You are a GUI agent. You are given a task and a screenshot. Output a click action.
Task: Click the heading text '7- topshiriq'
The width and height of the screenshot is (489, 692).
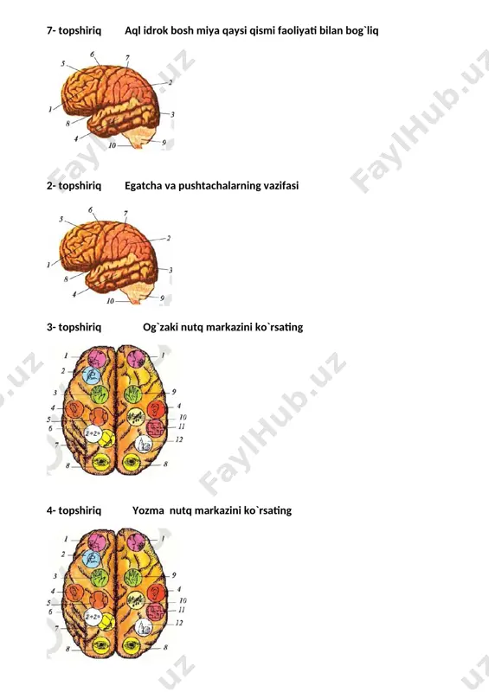[74, 31]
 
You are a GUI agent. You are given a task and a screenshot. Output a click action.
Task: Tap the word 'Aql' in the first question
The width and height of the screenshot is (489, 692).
[132, 31]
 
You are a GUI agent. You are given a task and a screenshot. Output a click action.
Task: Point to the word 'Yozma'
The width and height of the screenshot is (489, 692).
[148, 510]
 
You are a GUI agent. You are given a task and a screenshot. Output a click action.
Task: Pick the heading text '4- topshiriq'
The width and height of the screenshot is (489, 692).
[74, 510]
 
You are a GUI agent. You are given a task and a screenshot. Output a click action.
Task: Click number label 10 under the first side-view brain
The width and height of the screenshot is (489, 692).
[113, 145]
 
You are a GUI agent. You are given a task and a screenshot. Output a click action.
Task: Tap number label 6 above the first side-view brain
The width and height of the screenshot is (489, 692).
[93, 54]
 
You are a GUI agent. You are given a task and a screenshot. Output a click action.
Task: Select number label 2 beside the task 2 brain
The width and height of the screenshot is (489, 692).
[168, 239]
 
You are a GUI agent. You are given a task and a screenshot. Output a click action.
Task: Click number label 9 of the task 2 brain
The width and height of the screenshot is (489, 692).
[162, 298]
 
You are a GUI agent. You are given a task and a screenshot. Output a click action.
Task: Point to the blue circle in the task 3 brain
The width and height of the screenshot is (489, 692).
[92, 375]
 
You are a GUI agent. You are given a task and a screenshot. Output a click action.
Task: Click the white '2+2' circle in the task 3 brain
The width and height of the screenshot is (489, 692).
[93, 433]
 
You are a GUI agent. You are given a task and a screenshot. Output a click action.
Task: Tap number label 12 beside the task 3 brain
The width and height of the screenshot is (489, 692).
[179, 439]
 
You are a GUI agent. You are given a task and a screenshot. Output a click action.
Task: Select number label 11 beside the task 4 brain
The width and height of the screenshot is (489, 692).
[182, 610]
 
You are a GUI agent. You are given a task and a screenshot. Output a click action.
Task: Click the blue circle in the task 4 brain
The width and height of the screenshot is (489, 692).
[92, 558]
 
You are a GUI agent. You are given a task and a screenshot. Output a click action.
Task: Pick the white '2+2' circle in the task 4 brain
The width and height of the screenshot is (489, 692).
[93, 617]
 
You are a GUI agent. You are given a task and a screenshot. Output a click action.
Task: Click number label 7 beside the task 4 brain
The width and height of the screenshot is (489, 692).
[56, 628]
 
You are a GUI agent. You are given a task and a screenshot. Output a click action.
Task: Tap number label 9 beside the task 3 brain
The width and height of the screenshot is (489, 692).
[174, 392]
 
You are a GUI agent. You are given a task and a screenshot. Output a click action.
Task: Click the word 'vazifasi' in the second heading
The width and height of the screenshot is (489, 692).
[281, 186]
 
